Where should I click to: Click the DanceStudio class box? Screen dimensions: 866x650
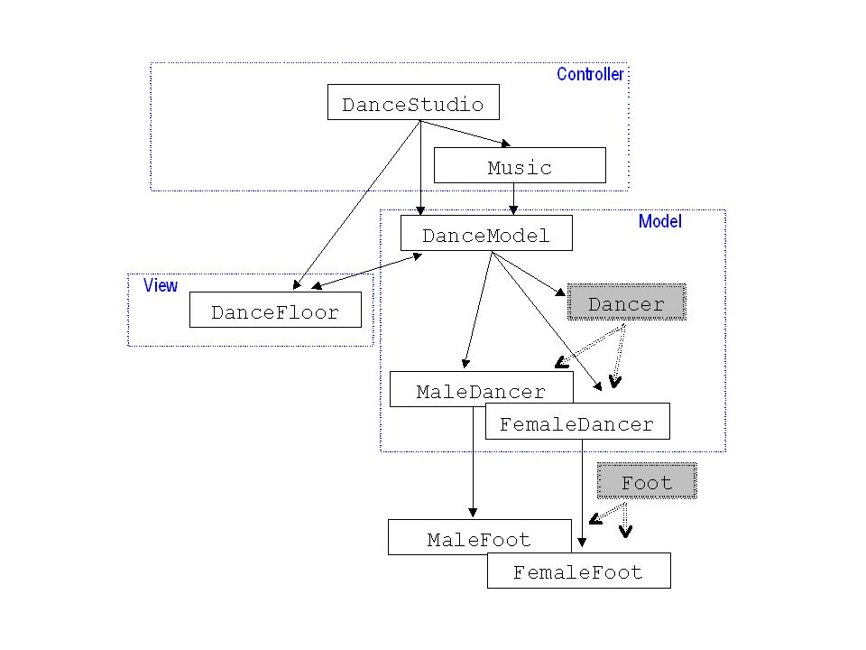coord(413,102)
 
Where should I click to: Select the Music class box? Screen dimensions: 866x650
coord(520,165)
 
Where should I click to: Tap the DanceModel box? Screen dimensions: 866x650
coord(486,233)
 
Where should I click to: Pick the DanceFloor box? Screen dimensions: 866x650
coord(275,310)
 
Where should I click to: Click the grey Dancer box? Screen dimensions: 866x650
coord(627,302)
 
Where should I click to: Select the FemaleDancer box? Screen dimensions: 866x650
coord(577,422)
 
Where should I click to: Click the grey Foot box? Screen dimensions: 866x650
coord(647,481)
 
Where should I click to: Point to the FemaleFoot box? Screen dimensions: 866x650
coord(579,571)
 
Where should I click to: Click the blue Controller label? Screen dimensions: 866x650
coord(590,74)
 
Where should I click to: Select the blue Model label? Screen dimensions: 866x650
coord(660,221)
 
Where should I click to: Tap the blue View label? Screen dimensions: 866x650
coord(161,285)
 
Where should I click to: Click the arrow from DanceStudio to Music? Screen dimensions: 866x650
coord(465,134)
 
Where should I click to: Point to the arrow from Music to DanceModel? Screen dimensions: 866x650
coord(513,199)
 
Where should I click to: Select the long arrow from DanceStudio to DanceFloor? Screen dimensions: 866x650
coord(356,205)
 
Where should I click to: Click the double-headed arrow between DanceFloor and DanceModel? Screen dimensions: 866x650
coord(367,271)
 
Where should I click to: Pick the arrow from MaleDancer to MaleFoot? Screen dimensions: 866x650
coord(473,462)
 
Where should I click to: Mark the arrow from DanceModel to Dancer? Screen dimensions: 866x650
coord(529,274)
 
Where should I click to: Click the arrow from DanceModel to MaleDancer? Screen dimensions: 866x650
coord(478,310)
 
